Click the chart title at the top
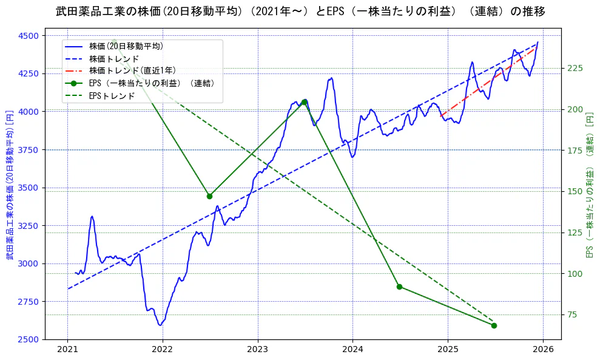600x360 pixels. coord(300,12)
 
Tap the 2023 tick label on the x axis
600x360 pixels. coord(257,350)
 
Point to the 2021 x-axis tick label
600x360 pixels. coord(67,350)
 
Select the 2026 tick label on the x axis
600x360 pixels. coord(543,350)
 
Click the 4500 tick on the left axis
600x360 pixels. coord(28,36)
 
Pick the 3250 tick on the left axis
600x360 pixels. coord(28,226)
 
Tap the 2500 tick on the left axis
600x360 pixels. coord(28,339)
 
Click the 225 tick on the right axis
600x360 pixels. coord(574,68)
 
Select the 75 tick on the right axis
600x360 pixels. coord(571,314)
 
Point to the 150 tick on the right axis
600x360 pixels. coord(574,191)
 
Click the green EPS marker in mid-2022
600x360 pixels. coord(209,196)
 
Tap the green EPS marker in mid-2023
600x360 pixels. coord(304,102)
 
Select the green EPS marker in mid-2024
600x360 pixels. coord(399,287)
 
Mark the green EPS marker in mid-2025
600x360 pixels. coord(494,325)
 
